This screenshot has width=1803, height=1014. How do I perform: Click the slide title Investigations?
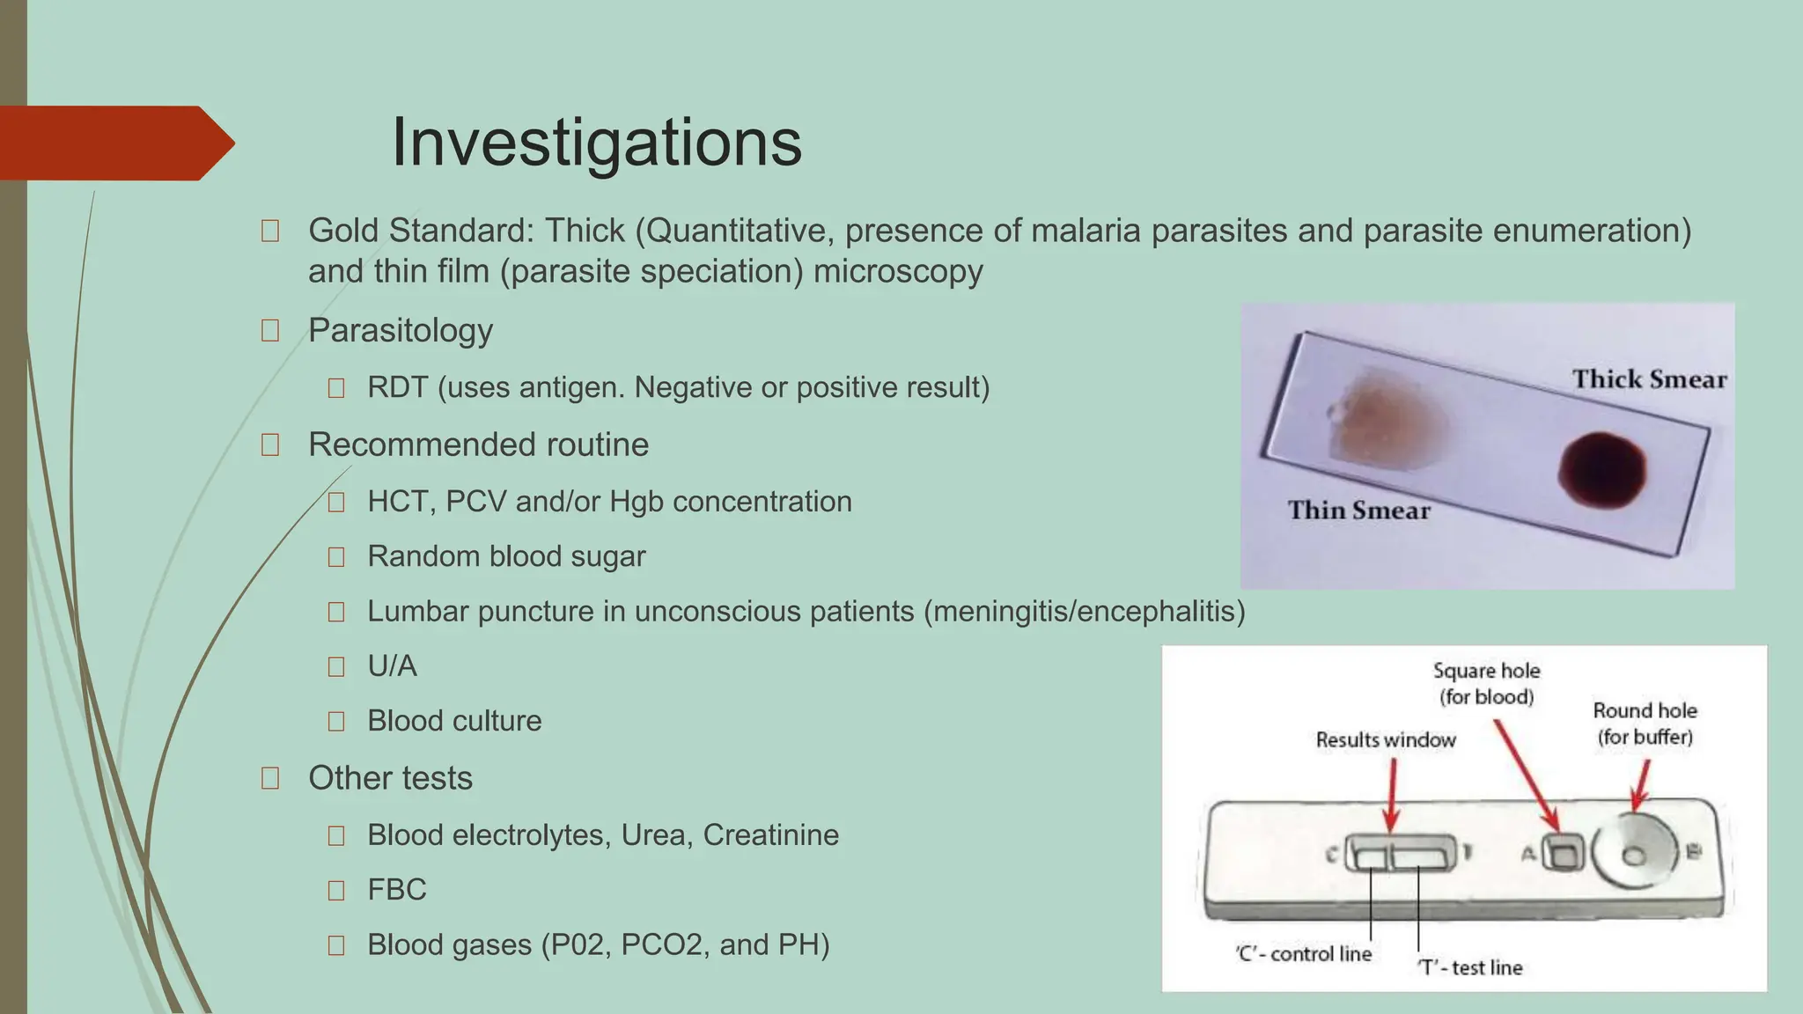(596, 143)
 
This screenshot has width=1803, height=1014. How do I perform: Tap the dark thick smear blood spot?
(1601, 470)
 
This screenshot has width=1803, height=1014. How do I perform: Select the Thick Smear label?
(1649, 379)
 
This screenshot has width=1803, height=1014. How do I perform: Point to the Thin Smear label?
(1358, 511)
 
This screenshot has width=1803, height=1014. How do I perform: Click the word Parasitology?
(400, 330)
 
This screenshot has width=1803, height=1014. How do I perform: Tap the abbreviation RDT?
(398, 387)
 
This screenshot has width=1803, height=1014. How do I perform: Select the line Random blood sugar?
(506, 556)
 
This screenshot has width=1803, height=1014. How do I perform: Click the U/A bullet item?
(392, 666)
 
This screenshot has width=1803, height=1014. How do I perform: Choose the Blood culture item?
(454, 721)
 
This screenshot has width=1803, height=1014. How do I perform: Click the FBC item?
(396, 890)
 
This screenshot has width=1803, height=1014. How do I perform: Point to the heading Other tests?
(390, 778)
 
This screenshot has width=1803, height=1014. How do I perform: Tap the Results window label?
(1386, 740)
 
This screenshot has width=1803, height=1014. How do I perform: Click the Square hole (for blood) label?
(1486, 684)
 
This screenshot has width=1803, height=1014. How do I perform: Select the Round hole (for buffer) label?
(1645, 724)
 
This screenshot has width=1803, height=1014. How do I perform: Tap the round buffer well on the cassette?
(1635, 855)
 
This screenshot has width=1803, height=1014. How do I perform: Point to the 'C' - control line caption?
(1303, 954)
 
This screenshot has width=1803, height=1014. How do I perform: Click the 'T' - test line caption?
(1469, 967)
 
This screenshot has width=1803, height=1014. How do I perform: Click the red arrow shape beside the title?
(114, 143)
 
